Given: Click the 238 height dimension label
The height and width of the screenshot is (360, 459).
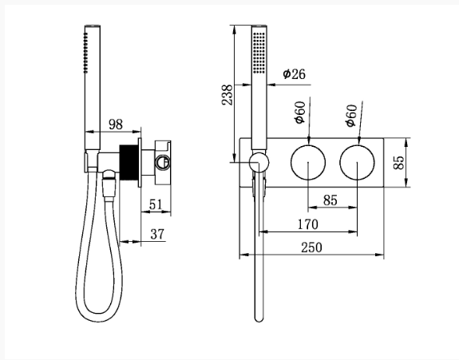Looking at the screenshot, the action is click(x=228, y=95).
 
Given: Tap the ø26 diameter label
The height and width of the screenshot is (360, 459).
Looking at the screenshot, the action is click(x=295, y=73).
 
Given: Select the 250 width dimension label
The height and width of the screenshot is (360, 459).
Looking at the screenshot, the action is click(x=311, y=247).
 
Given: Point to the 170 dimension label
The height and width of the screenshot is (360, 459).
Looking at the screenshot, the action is click(x=307, y=224).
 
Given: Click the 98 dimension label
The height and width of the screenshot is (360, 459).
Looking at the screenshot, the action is click(x=116, y=125).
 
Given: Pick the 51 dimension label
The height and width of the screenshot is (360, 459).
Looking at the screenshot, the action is click(x=156, y=204).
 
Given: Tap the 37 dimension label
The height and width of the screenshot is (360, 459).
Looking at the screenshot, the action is click(x=157, y=234).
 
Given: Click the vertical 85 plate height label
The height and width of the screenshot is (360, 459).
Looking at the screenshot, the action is click(x=398, y=163).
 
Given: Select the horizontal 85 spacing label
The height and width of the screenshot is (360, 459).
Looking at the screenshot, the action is click(x=330, y=200).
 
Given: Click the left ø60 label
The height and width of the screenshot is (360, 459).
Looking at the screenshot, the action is click(x=300, y=113).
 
